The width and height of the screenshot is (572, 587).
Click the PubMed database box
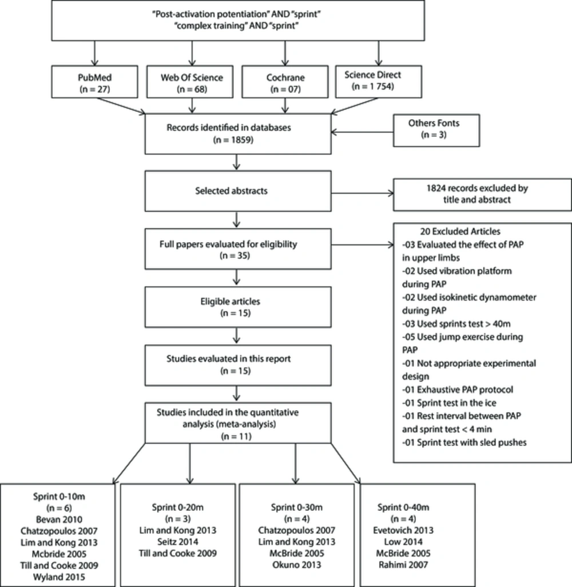[x=94, y=82]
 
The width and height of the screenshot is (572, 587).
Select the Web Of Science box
[x=190, y=82]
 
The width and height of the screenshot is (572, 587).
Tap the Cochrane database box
[x=285, y=82]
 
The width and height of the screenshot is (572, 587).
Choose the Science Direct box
[x=379, y=82]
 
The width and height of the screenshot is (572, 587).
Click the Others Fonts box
[x=436, y=130]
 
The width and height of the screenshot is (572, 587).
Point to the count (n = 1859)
[x=233, y=140]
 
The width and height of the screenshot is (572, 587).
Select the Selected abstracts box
[x=238, y=191]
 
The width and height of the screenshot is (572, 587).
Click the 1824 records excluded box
[x=482, y=195]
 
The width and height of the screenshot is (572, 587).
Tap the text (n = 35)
[x=235, y=255]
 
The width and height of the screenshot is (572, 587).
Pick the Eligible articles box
[x=238, y=307]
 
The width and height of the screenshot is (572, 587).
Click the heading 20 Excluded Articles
[x=460, y=231]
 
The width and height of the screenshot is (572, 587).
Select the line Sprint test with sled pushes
[x=464, y=443]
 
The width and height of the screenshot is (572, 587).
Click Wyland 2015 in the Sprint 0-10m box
[x=59, y=577]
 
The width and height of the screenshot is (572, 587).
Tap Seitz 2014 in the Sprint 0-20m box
[x=177, y=542]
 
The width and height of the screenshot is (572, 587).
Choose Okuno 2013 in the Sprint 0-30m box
[x=296, y=565]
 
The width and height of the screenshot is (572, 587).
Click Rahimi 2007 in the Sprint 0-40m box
[x=403, y=565]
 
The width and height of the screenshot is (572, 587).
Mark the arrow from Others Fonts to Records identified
[x=362, y=132]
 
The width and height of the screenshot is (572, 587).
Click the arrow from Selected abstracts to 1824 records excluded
[x=362, y=194]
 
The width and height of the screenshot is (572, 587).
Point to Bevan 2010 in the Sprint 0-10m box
[x=59, y=519]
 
